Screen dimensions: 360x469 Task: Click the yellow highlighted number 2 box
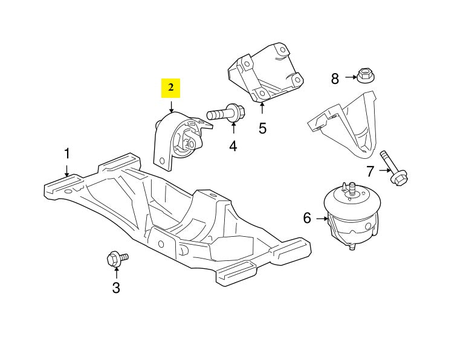tap(170, 88)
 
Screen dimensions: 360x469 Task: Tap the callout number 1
tap(67, 153)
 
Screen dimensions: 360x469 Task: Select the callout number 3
tap(116, 288)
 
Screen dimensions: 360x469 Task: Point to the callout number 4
tap(233, 146)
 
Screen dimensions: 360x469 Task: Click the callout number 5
tap(262, 128)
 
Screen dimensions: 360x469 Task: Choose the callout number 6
tap(307, 218)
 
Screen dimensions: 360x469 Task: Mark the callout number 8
tap(335, 78)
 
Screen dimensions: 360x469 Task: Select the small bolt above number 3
tap(116, 260)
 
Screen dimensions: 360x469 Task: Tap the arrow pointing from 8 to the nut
tap(351, 77)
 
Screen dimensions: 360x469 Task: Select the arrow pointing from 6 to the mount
tap(322, 218)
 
